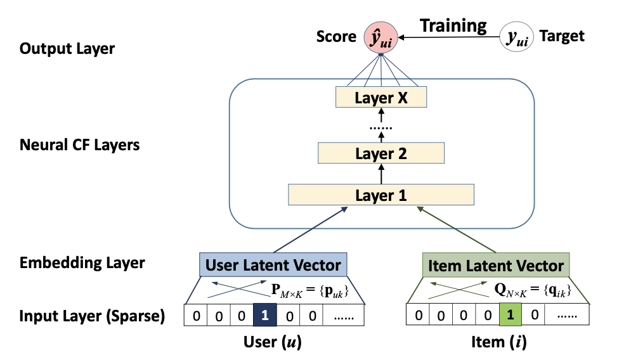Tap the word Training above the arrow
coord(453,26)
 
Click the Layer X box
coord(381,98)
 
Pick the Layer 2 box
coord(381,153)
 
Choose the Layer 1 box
coord(381,195)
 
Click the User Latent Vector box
coord(273,265)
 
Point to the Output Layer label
coord(67,48)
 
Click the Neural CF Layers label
coord(79,145)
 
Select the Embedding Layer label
coord(82,262)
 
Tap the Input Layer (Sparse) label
coord(92,316)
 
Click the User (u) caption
coord(273,343)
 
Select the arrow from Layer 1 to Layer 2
coord(381,174)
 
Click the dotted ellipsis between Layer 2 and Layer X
coord(381,127)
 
